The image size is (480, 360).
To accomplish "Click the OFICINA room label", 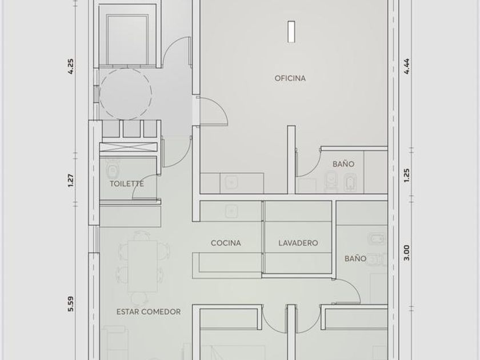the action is point(290,78).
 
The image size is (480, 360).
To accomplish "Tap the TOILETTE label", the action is point(127,183).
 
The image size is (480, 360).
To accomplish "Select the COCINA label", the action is point(226,243).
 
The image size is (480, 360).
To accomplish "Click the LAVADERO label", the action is point(298,243).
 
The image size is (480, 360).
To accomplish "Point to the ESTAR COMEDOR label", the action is point(149,312).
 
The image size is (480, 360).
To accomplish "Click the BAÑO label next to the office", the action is point(343,164).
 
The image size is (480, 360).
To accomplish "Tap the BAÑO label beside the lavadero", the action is point(355,258).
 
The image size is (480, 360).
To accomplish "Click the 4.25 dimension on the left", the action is point(71,66).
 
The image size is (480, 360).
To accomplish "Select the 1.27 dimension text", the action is point(71,181).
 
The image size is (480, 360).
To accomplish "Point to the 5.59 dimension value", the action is point(71,303).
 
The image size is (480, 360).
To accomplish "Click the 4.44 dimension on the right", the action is point(406,66).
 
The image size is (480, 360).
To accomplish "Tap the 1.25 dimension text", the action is point(406,176).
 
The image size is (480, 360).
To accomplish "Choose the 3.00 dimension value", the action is point(406,253).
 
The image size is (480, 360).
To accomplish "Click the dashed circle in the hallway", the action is point(151,94).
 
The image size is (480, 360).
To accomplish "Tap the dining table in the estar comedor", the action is point(143,266).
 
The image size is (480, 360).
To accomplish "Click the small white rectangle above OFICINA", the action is point(291,31).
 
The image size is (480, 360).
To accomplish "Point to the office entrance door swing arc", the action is point(222,105).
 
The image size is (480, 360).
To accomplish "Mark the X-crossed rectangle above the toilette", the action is point(128,147).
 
